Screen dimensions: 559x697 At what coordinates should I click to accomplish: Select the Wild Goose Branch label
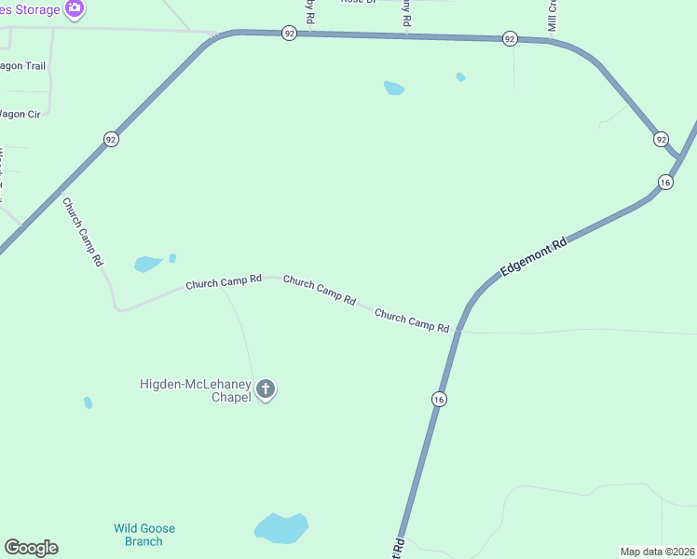(x=144, y=535)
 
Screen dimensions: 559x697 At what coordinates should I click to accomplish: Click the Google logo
(x=31, y=548)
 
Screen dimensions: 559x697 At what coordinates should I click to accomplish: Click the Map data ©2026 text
(x=657, y=551)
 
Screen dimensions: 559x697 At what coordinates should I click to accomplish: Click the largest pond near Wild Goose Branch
(x=280, y=528)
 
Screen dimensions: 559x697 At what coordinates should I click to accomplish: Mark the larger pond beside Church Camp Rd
(x=148, y=264)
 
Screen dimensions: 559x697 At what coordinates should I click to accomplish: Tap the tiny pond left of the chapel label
(x=88, y=402)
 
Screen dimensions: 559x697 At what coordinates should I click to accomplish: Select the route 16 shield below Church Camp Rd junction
(x=438, y=399)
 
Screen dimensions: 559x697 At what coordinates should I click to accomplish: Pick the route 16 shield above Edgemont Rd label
(x=664, y=182)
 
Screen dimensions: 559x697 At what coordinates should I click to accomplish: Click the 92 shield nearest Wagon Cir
(x=111, y=140)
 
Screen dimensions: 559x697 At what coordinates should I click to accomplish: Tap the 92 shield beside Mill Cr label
(x=509, y=38)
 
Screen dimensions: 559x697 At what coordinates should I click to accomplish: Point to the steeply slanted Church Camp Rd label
(x=82, y=232)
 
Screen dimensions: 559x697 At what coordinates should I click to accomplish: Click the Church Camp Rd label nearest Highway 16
(x=412, y=321)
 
